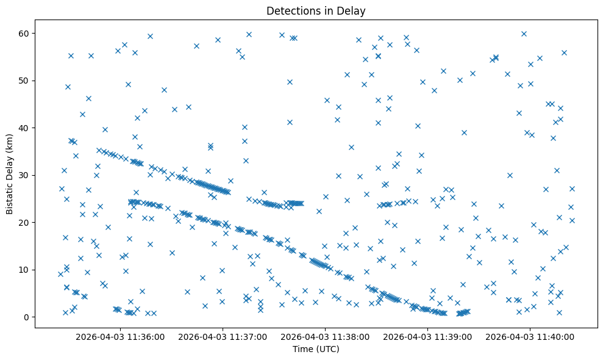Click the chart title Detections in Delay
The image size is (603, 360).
316,10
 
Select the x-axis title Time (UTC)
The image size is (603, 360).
316,350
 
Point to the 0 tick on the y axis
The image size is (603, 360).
27,317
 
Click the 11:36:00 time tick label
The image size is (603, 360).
120,336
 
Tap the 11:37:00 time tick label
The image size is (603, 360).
223,336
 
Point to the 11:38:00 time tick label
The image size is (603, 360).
325,336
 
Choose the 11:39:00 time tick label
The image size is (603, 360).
427,336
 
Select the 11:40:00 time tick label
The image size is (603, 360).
530,336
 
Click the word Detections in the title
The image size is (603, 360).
291,10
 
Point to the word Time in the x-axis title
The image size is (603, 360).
303,350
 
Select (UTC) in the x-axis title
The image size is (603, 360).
327,350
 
